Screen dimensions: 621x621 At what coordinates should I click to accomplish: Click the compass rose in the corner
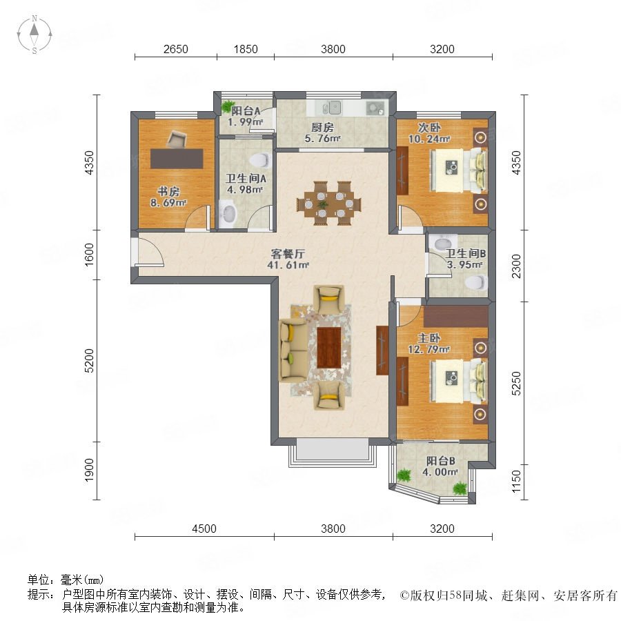click(34, 34)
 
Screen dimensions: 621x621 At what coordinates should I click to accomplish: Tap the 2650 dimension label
click(175, 49)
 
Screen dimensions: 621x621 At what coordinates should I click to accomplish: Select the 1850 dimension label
click(246, 49)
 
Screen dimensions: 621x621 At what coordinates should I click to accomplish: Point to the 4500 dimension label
click(204, 529)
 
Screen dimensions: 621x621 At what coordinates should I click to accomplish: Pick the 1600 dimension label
click(90, 255)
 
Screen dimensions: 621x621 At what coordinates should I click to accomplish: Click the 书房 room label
click(168, 192)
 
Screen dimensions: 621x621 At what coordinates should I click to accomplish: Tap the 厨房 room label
click(322, 128)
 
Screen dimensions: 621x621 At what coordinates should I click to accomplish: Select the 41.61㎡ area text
click(288, 265)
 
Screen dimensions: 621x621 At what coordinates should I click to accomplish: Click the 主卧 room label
click(429, 338)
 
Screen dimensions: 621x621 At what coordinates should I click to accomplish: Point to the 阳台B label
click(440, 461)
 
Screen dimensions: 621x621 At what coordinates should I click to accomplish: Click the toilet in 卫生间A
click(260, 159)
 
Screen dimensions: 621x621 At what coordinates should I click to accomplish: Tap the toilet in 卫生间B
click(475, 283)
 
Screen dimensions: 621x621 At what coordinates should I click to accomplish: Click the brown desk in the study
click(177, 159)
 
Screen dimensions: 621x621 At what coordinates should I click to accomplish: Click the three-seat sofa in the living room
click(293, 351)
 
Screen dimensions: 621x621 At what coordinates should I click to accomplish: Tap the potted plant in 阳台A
click(228, 106)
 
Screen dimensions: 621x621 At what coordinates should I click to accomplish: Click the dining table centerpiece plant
click(323, 204)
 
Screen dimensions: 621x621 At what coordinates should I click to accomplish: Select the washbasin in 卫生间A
click(227, 213)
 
